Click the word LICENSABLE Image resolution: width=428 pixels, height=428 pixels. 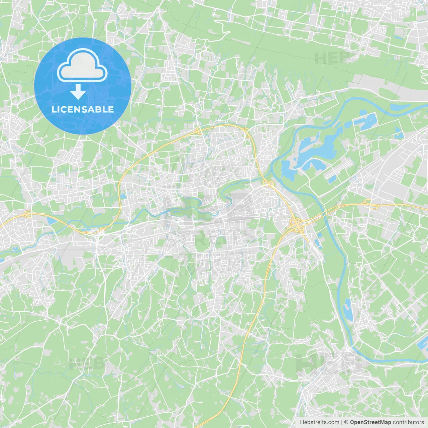pos(82,109)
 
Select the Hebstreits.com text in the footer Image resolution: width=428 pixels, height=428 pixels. pos(319,422)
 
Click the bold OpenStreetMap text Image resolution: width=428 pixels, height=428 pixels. pos(370,422)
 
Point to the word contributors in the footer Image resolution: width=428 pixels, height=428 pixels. pos(408,422)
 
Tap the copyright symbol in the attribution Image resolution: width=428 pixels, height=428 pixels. pos(346,422)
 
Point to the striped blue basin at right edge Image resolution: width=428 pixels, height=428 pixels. pos(423,348)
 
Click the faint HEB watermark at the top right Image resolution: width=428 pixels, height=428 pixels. pos(333,58)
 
